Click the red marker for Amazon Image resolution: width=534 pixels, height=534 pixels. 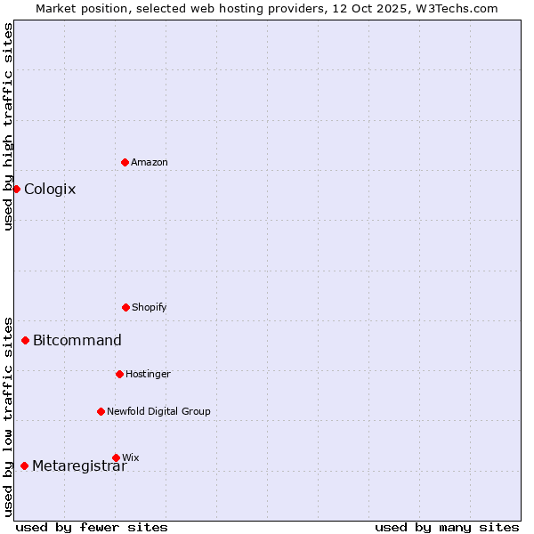point(125,162)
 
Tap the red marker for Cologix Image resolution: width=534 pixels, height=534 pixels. point(16,189)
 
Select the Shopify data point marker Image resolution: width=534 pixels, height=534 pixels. point(125,307)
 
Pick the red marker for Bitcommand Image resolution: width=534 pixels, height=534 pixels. point(25,340)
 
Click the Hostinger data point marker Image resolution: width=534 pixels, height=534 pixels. point(119,374)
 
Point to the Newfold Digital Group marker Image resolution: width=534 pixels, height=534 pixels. point(101,411)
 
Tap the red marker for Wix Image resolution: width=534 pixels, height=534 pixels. point(116,457)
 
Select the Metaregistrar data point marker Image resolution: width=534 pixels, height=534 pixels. point(24,465)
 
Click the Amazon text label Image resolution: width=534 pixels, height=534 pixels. point(150,162)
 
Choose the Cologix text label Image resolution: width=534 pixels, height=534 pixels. point(50,189)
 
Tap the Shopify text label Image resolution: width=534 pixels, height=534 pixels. point(150,307)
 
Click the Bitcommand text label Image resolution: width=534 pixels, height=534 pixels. point(77,340)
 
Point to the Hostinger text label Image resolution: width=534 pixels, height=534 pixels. point(148,374)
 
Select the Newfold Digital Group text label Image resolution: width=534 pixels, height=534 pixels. point(158,411)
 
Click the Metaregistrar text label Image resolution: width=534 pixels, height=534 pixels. point(79,466)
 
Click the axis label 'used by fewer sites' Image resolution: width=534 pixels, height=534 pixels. point(92,527)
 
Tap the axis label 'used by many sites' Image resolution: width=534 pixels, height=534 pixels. point(447,527)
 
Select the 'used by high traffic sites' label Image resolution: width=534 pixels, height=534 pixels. point(8,126)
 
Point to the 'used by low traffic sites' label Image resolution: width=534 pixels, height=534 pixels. point(8,417)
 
